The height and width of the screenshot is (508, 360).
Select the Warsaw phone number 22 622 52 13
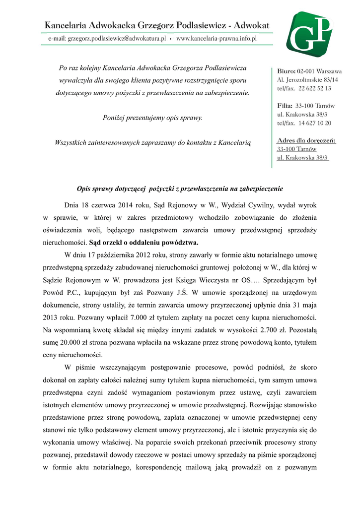[x=315, y=88]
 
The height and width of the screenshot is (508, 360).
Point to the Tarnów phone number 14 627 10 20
[x=315, y=123]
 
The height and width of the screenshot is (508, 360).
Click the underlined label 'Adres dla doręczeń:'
[x=306, y=141]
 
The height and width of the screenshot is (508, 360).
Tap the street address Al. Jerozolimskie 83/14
[x=307, y=80]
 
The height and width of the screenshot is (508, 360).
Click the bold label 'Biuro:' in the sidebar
[x=287, y=71]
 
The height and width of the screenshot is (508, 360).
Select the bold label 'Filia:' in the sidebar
[x=285, y=106]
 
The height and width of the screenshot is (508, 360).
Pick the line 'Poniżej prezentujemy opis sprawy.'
[x=152, y=118]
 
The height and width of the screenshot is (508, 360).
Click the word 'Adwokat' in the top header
[x=251, y=25]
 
